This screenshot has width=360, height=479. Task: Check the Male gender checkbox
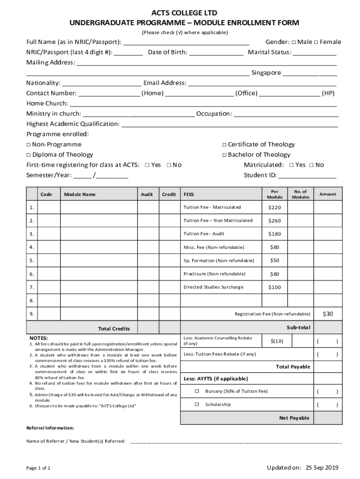294,42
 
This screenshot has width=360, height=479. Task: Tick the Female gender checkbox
316,42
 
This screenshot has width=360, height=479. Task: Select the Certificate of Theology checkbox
224,145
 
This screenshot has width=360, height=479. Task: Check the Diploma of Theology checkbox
29,155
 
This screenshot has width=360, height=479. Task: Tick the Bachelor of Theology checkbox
224,155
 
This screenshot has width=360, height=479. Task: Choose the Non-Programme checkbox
29,145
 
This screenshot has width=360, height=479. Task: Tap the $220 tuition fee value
274,207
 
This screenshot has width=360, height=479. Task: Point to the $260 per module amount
274,221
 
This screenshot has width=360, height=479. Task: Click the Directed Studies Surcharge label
213,287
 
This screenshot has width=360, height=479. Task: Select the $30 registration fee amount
328,314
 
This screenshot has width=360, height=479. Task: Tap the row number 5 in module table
31,261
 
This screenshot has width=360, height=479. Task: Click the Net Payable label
294,418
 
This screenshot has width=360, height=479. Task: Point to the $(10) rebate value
277,341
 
